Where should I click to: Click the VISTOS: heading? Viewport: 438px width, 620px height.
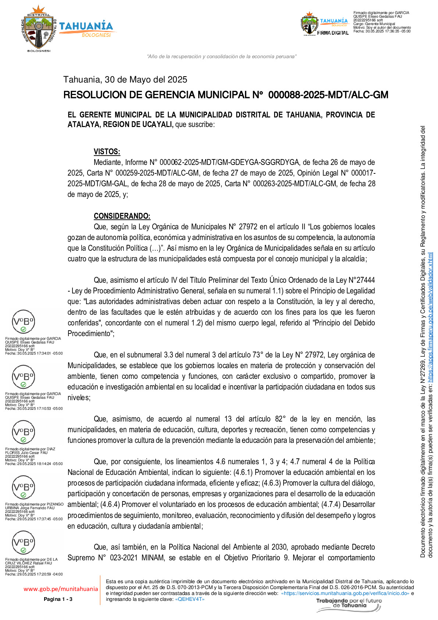point(107,152)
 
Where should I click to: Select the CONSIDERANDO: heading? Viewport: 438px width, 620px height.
point(122,216)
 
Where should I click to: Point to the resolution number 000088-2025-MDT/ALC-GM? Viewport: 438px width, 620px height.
point(328,95)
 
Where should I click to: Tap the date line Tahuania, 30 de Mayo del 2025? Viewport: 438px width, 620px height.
point(125,80)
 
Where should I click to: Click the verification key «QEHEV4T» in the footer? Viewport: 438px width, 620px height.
point(190,599)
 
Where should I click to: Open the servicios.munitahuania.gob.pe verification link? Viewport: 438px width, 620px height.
point(345,593)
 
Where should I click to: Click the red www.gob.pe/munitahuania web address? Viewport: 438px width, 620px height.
point(61,589)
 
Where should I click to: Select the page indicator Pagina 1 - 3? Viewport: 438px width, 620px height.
point(58,599)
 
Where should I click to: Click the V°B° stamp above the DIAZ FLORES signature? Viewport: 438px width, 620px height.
point(24,432)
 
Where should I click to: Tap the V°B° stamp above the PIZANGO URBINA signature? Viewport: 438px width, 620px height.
point(24,487)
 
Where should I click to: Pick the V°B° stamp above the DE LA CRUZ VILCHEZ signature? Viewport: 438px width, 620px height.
point(24,543)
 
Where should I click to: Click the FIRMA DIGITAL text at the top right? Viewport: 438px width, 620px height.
point(333,33)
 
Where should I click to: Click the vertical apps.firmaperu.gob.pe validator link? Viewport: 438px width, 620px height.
point(430,317)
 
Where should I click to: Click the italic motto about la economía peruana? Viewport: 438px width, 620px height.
point(222,56)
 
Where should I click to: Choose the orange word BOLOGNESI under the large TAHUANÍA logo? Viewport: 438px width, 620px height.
point(96,35)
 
